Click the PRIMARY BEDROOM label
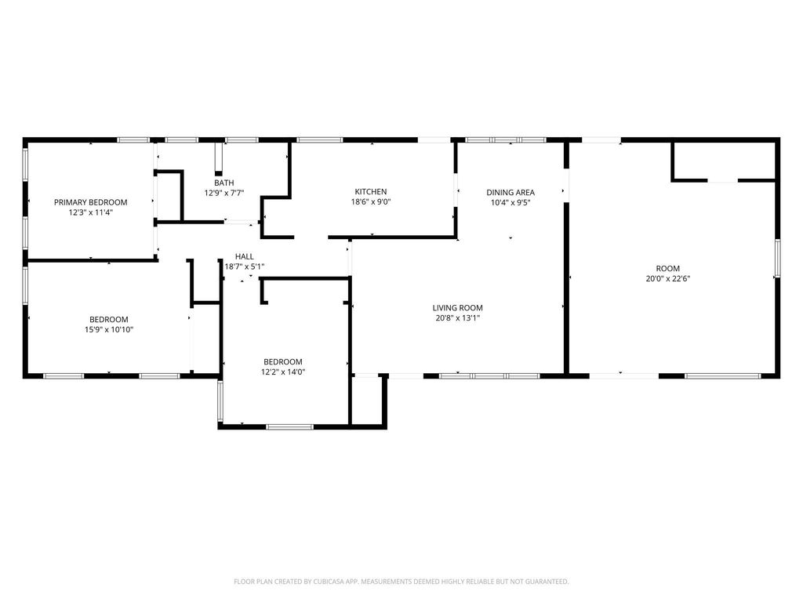[91, 202]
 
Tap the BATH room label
[223, 183]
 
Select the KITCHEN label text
[371, 192]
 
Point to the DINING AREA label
[510, 193]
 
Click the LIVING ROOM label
[457, 307]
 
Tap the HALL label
[245, 256]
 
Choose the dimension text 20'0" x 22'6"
[668, 278]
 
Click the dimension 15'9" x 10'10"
[108, 330]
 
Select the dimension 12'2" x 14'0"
[282, 372]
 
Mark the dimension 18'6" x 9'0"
[371, 201]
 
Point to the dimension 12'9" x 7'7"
[223, 193]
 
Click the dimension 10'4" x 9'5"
[510, 202]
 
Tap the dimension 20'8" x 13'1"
[457, 318]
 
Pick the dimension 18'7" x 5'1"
[245, 267]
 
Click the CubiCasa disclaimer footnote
[401, 582]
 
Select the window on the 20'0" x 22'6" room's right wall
[777, 258]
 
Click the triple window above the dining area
[506, 140]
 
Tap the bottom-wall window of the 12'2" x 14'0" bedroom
[290, 427]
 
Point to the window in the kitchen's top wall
[320, 140]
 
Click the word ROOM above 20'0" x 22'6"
[668, 269]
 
